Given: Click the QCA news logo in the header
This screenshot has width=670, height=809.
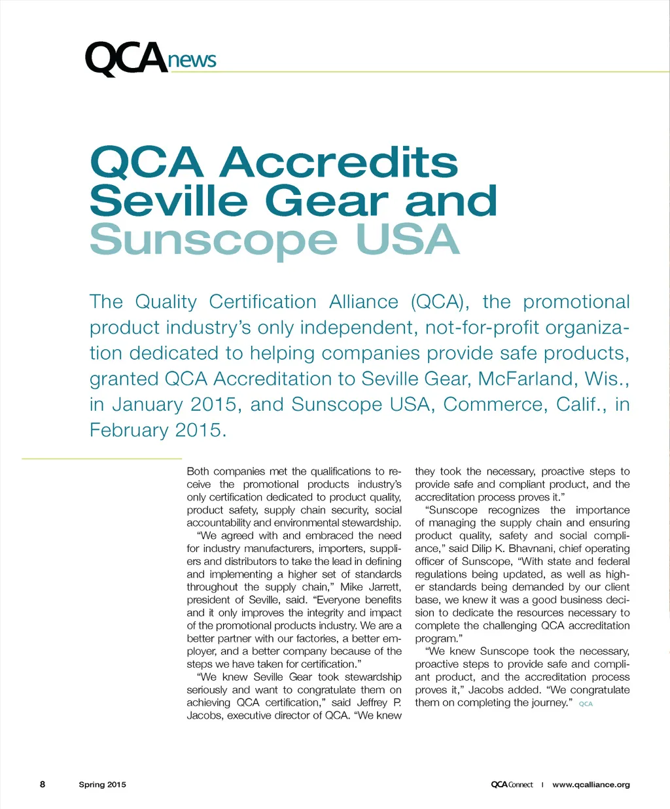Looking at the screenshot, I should [x=150, y=59].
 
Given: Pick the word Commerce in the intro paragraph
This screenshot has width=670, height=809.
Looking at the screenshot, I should [x=494, y=404].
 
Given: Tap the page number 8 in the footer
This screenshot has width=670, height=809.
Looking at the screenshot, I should [x=43, y=784].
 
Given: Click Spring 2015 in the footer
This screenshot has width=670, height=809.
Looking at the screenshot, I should [x=102, y=784].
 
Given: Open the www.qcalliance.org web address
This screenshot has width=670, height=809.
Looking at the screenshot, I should [x=591, y=784].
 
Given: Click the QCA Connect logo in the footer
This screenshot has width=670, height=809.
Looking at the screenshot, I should [x=512, y=784].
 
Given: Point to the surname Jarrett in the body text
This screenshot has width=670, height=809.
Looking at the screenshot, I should [x=385, y=587].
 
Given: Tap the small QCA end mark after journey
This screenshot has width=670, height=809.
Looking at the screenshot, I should [x=586, y=704].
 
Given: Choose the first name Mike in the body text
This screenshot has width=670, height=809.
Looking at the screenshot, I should [x=351, y=587].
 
